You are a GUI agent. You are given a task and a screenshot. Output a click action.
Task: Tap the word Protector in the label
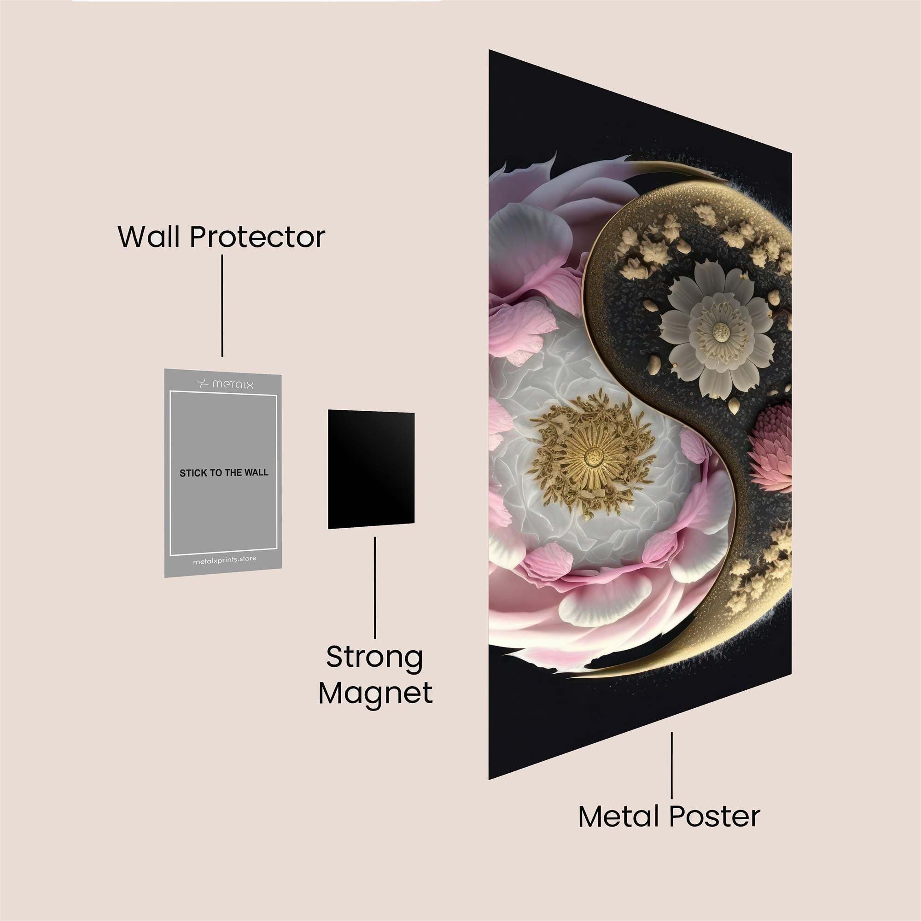257,236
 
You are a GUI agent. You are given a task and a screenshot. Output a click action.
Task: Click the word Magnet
376,693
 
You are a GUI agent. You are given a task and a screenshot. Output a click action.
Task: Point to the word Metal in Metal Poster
620,816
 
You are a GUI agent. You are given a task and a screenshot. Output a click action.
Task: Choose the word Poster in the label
715,816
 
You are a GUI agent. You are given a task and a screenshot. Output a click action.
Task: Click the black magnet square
371,469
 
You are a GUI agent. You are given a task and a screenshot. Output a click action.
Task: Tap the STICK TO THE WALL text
224,473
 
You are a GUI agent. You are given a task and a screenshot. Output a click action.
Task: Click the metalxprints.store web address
225,559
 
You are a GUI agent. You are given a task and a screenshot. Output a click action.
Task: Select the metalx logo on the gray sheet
225,383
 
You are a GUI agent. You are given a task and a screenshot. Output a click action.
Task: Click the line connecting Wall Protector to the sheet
222,306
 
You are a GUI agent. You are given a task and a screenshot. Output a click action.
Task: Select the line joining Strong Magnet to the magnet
375,588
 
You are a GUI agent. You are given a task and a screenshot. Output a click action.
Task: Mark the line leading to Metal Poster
672,765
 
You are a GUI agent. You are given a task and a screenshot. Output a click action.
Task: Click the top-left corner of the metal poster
489,50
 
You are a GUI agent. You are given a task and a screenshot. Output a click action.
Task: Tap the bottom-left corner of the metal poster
489,780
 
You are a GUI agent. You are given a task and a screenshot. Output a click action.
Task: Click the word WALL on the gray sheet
256,473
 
